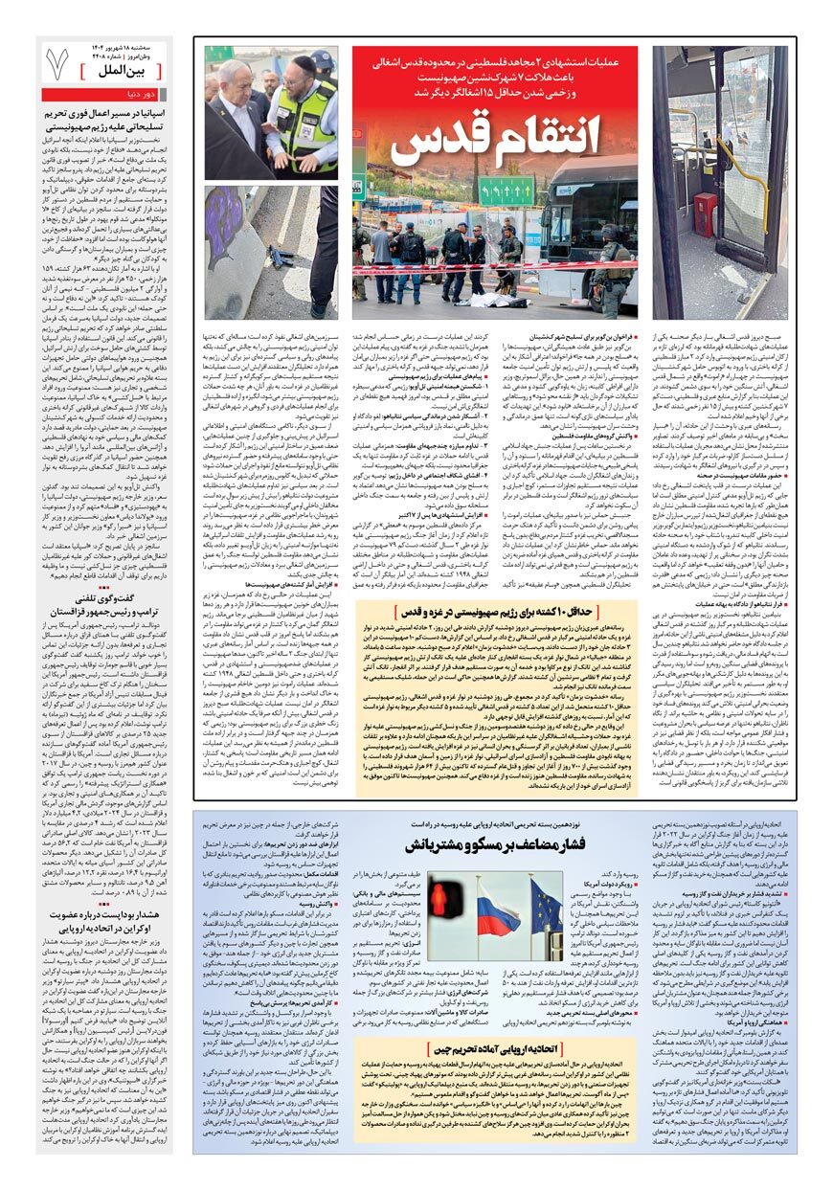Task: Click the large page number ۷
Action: (58, 64)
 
